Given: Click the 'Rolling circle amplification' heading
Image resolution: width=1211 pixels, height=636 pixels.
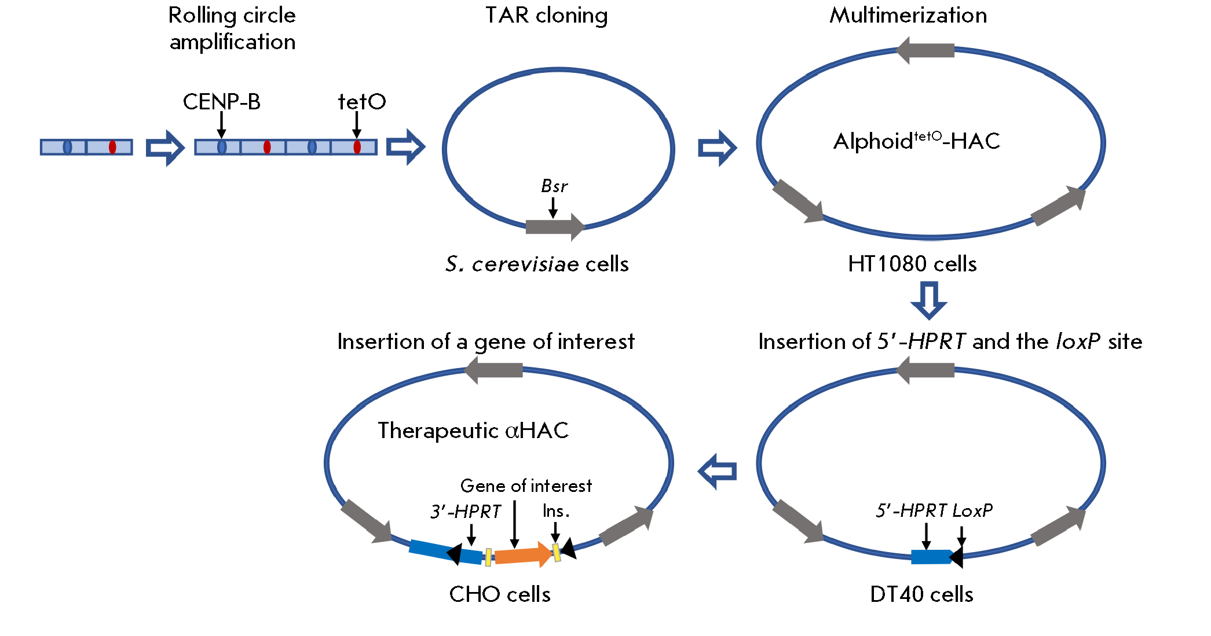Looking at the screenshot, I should pos(232,28).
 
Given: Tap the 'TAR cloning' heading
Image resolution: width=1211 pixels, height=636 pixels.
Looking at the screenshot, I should pos(546,16).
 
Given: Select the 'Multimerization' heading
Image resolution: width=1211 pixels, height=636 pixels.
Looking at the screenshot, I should pos(908,16).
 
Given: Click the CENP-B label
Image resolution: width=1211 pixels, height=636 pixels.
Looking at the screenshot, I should pos(221,102).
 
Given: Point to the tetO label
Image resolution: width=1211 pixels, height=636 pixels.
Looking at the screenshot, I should pos(362,102).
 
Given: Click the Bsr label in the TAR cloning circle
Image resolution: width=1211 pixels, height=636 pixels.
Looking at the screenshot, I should pos(554,186).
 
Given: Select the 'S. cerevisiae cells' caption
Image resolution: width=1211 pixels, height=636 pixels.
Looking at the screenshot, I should pos(537,264).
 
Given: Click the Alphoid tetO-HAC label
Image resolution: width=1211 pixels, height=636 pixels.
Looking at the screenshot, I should pos(916,141).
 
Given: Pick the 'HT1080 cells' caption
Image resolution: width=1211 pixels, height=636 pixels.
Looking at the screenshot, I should pos(912,264).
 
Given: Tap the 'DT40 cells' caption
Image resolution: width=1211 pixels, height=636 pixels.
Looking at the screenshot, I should pos(921,595).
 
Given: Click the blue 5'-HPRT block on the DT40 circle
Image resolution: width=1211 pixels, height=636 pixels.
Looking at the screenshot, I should pos(930,557).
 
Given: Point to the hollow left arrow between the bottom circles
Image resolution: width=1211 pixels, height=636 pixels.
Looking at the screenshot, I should pos(718,471).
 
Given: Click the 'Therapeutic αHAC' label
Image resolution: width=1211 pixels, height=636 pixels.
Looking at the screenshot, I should pos(473,431).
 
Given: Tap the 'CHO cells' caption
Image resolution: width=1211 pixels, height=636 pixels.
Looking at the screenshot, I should pos(500,595).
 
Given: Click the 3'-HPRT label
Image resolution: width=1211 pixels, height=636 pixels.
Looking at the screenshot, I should pos(466,512).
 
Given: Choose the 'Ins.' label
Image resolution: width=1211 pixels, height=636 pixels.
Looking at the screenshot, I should pos(556,511).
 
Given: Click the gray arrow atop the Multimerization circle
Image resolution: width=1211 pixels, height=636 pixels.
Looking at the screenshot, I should pos(925,51).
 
